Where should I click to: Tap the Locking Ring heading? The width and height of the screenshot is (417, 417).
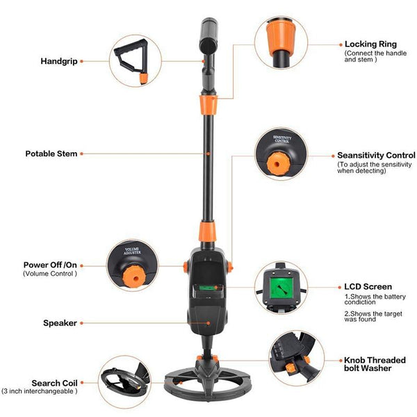click(x=370, y=44)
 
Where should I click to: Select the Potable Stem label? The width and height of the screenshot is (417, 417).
click(x=51, y=154)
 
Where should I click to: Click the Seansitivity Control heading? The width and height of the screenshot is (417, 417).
click(x=376, y=156)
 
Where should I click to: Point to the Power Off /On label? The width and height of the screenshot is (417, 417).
click(x=51, y=265)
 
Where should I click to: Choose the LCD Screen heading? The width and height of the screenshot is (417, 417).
click(x=368, y=286)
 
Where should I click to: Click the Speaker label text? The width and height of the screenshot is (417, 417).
click(x=59, y=322)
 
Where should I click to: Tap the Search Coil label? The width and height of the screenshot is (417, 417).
click(x=54, y=383)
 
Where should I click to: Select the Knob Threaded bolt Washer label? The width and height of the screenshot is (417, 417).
click(x=373, y=365)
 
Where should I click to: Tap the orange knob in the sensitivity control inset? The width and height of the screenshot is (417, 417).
click(x=280, y=163)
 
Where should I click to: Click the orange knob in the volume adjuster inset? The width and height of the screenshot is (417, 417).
click(x=131, y=277)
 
